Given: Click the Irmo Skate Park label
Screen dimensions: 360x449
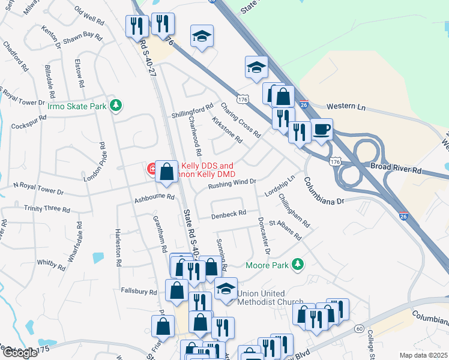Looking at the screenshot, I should click(77, 106).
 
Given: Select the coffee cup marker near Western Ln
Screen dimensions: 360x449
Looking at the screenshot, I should click(322, 129).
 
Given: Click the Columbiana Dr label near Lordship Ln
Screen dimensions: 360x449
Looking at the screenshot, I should click(324, 191).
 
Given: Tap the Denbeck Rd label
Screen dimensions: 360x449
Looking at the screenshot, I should click(229, 213).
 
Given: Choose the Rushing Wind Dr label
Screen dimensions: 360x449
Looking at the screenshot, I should click(232, 183).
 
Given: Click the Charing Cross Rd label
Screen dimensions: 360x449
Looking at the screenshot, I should click(240, 119).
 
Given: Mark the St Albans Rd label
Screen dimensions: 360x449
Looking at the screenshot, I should click(285, 229).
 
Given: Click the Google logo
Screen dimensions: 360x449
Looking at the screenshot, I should click(19, 353).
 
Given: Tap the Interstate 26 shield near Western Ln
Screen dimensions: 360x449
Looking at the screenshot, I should click(304, 104).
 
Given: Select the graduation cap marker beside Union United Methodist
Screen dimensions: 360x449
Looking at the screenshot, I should click(226, 289).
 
